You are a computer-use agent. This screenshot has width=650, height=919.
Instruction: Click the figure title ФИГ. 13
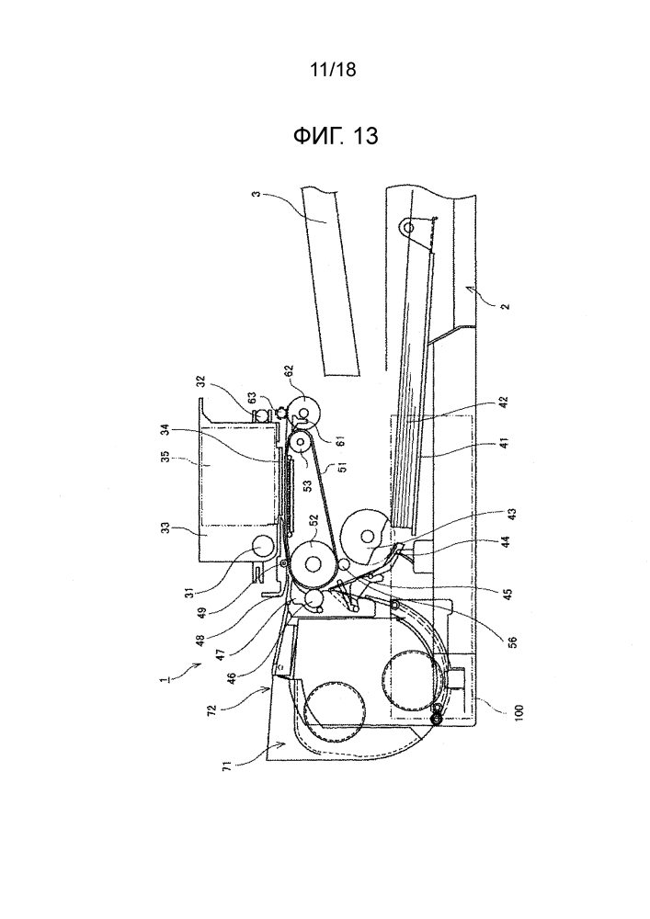(x=336, y=137)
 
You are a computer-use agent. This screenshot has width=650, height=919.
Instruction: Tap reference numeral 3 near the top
(x=256, y=193)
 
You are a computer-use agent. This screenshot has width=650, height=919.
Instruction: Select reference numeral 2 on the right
(x=506, y=305)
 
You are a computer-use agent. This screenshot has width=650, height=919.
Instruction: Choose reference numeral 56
(x=513, y=641)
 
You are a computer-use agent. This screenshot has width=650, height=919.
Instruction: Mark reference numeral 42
(x=506, y=403)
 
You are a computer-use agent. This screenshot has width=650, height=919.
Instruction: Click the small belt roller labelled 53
(x=301, y=443)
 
